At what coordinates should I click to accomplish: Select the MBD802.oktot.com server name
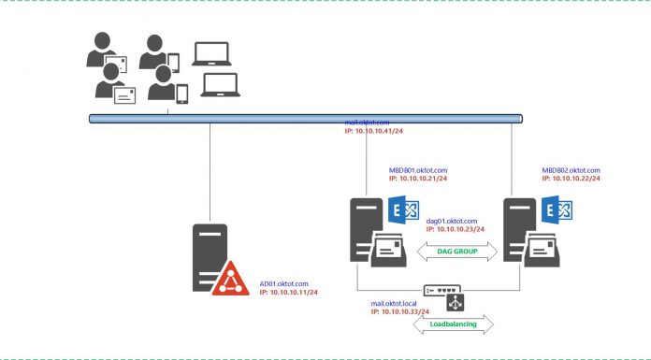[x=571, y=170]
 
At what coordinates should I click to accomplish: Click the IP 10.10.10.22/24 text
[x=571, y=179]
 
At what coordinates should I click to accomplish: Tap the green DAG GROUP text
[x=454, y=251]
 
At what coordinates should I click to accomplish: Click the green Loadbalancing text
[x=454, y=324]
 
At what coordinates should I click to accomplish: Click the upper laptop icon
[x=210, y=53]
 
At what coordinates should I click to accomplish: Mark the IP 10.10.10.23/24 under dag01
[x=454, y=228]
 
